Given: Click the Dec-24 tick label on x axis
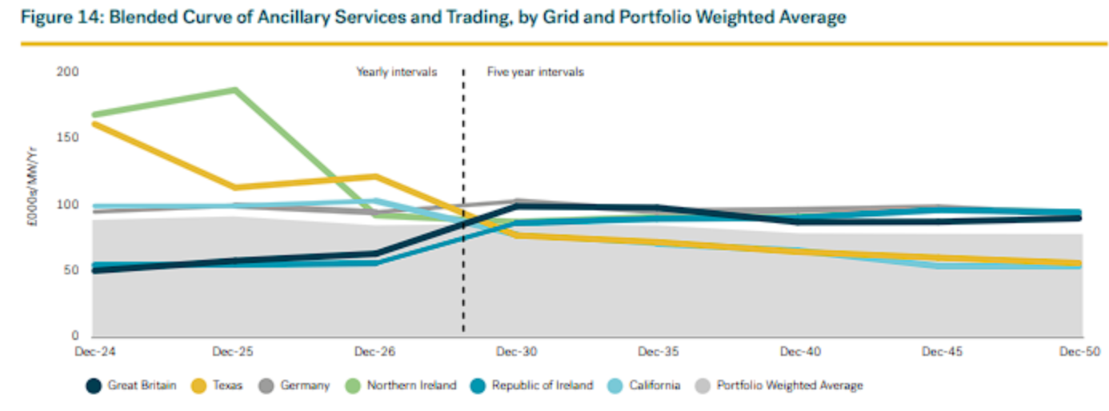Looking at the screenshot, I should click(x=92, y=352).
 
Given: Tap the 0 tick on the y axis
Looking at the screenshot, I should click(x=75, y=337).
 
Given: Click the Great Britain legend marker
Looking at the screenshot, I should click(x=94, y=386).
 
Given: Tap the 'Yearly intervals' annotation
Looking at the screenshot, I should click(x=397, y=73).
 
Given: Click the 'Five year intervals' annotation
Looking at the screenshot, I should click(x=535, y=73).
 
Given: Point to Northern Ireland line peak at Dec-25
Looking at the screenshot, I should click(x=235, y=90).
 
